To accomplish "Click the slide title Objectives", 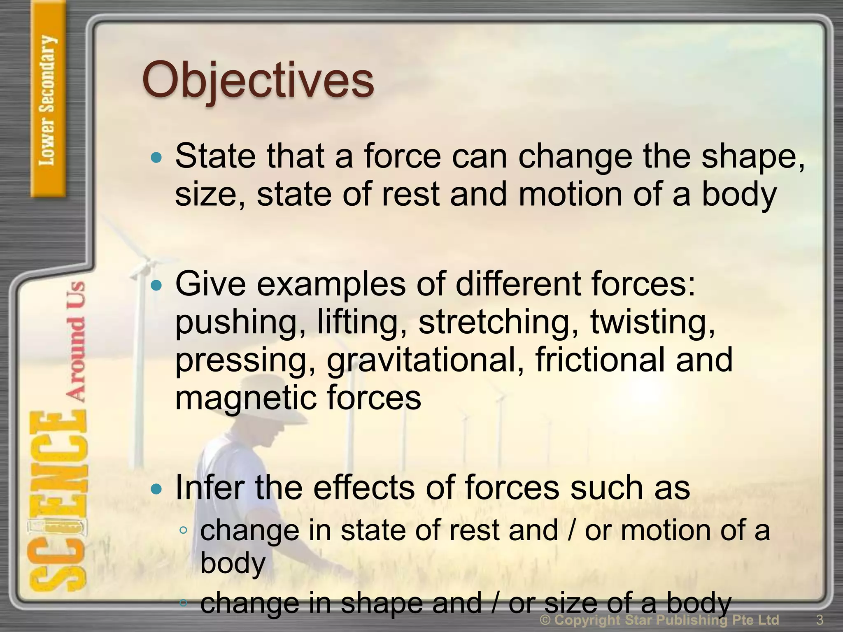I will (258, 80).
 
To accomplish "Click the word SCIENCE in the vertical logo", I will (58, 502).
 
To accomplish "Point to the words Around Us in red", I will (76, 342).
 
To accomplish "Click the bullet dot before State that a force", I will (156, 157).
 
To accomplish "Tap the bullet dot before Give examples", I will (156, 285).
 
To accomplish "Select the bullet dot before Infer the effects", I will (156, 489).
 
